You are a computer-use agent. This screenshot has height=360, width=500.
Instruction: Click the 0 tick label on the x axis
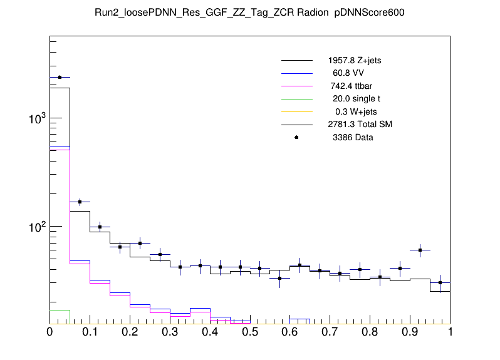pyautogui.click(x=49, y=332)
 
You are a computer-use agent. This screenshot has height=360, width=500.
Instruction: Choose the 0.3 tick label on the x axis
pyautogui.click(x=170, y=332)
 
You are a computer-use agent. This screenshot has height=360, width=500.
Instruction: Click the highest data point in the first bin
pyautogui.click(x=60, y=77)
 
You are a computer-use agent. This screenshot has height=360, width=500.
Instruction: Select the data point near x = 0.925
pyautogui.click(x=420, y=250)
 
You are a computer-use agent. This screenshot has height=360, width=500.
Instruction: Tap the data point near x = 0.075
pyautogui.click(x=80, y=202)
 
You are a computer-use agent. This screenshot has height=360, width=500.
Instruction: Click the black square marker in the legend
pyautogui.click(x=296, y=137)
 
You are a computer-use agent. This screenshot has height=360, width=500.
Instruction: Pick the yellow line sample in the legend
pyautogui.click(x=296, y=111)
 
